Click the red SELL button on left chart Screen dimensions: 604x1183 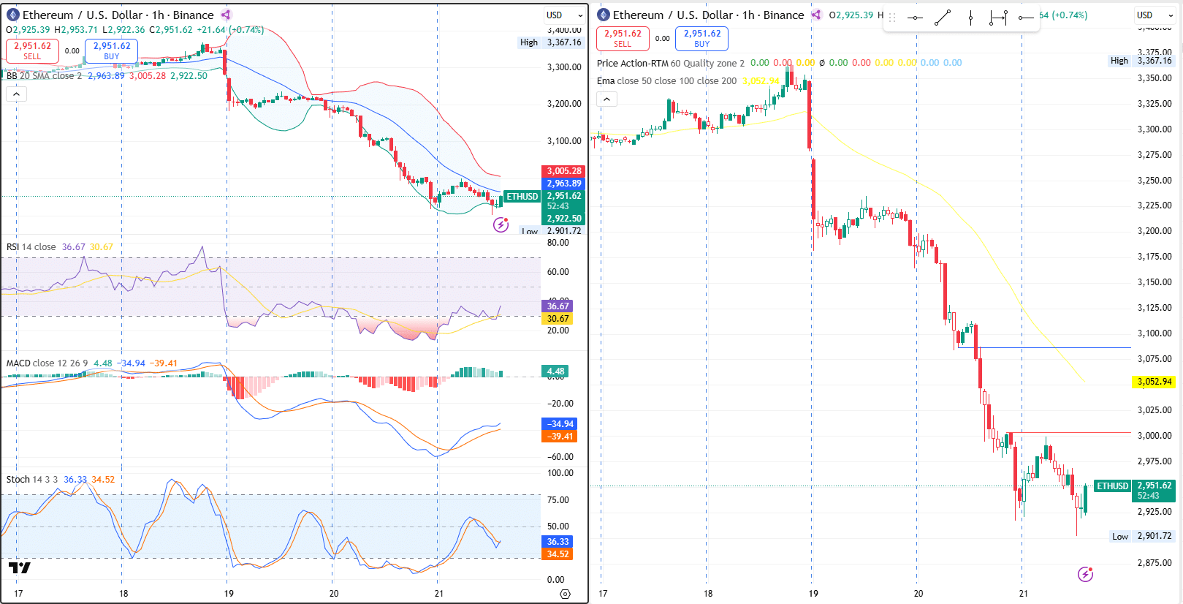[32, 50]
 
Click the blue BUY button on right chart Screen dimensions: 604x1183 [701, 38]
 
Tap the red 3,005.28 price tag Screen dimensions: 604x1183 [563, 171]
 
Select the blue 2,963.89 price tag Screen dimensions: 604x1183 [563, 184]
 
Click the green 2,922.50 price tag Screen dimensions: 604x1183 [563, 218]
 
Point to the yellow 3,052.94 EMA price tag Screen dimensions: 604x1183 [1154, 382]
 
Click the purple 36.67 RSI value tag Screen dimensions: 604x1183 [558, 306]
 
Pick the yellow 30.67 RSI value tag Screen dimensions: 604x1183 [558, 319]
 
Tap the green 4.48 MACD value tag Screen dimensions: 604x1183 [555, 371]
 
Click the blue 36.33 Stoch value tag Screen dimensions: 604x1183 [558, 542]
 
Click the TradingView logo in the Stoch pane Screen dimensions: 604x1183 [20, 568]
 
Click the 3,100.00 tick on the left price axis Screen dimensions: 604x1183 [564, 141]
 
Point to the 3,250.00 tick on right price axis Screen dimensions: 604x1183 [1155, 181]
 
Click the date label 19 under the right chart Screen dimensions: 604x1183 [813, 594]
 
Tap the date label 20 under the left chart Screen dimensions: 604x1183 [334, 594]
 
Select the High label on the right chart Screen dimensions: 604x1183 [1119, 61]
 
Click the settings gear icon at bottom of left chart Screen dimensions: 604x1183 [565, 594]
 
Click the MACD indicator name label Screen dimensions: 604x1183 [18, 363]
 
